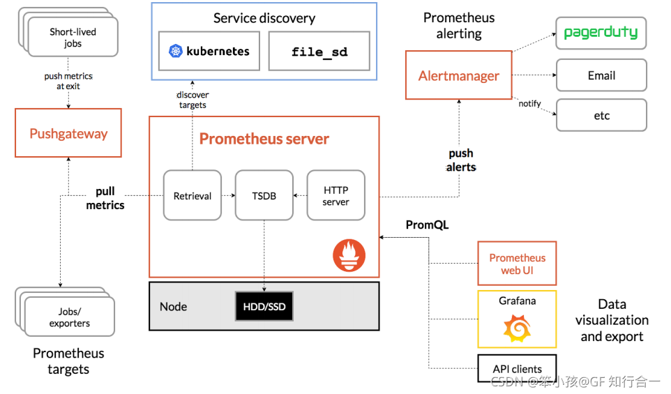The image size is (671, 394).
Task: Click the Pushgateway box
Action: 68,132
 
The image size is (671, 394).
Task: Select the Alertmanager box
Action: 458,75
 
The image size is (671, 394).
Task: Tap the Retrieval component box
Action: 192,196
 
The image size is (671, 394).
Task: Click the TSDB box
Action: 264,196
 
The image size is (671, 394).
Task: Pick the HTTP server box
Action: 335,196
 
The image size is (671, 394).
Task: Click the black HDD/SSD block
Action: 264,306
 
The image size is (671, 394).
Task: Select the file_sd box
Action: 319,51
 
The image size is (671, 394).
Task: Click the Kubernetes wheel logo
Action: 175,51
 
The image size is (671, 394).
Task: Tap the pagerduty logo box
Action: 601,33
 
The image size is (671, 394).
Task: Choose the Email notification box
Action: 601,75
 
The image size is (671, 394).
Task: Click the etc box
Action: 601,115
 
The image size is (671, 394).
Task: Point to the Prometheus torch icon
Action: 349,255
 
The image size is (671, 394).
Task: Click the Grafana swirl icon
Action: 517,327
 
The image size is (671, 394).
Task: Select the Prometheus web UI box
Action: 517,264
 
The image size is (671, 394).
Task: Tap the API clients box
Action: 517,369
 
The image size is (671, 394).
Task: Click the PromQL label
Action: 427,225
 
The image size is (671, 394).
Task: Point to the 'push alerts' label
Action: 461,160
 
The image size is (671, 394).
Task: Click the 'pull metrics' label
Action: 105,198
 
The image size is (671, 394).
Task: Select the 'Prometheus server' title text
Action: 264,139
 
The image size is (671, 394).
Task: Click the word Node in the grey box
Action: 173,307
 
